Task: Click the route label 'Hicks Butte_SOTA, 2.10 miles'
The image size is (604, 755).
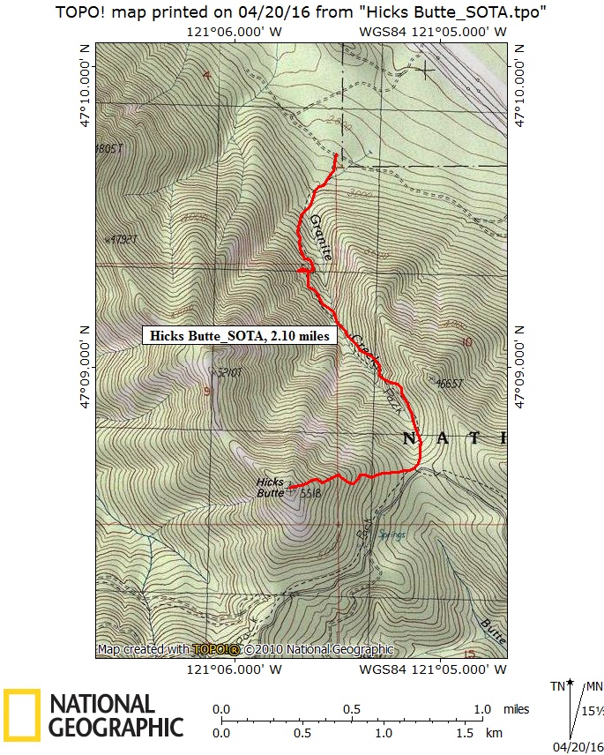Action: coord(239,335)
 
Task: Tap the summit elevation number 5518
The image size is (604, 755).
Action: coord(309,494)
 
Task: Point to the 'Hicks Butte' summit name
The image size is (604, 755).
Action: coord(270,488)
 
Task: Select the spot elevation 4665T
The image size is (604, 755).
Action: coord(450,383)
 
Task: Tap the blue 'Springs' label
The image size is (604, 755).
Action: coord(391,535)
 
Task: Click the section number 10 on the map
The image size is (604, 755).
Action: coord(466,342)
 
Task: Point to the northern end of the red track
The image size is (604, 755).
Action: coord(336,156)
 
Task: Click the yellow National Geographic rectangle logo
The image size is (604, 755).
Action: coord(22,714)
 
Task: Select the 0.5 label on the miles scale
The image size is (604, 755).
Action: coord(352,709)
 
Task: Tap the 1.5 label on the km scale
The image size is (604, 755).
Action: coord(465,733)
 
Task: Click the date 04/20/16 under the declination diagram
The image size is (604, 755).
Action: coord(577,746)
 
